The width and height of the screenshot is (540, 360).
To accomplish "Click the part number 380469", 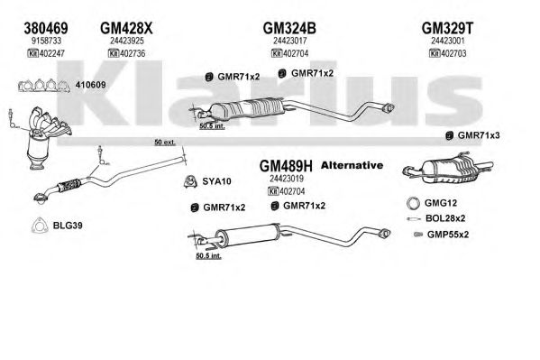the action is coord(46,28).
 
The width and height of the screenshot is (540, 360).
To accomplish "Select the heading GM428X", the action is coord(126,28).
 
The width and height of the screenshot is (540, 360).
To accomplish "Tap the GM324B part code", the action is coord(289,28).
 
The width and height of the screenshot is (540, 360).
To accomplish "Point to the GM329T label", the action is coord(448,28).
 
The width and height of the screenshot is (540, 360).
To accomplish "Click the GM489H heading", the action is coord(286,166).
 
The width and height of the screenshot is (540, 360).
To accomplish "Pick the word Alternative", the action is coord(352,165).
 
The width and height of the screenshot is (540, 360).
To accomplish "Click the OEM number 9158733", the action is coord(46,41).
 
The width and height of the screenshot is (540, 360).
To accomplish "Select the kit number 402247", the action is coord(52,53).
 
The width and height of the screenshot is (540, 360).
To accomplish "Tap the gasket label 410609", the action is coord(90,85).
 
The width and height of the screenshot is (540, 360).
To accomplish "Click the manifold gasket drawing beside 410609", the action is coord(44,86).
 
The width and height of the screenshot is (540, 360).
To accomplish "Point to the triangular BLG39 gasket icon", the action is coord(39,226).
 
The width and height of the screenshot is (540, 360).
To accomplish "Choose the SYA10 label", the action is coord(216,181).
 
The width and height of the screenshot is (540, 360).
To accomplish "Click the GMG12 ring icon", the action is coord(413,203).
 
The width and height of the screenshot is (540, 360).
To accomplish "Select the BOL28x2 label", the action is coord(445,218).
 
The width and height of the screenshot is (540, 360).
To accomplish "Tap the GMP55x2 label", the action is coord(448,235).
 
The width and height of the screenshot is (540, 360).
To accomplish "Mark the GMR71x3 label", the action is coord(479,135).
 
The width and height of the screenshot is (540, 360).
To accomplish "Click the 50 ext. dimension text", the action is coord(165,142).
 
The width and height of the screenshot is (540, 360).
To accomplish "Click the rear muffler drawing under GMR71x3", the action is coord(448,168).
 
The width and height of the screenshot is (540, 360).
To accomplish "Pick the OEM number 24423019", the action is coord(287,179).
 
